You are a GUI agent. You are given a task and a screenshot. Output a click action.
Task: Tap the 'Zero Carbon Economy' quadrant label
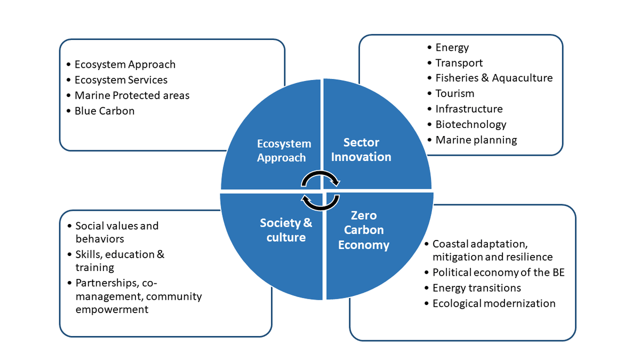pos(364,230)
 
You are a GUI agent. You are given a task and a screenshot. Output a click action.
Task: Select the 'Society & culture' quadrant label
pos(286,230)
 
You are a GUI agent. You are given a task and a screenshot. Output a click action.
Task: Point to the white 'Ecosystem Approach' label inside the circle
pos(284,151)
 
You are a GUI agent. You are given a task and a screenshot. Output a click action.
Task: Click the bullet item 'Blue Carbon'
pos(105,111)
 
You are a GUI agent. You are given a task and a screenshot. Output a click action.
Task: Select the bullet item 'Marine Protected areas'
pos(132,95)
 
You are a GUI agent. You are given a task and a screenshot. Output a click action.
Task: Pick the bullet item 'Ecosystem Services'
pos(121,80)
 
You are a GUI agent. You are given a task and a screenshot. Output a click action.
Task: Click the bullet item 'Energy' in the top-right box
pos(452,47)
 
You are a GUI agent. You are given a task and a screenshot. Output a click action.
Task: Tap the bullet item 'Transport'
pos(459,63)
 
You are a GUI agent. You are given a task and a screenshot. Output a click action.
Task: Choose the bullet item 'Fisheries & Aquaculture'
pos(494,78)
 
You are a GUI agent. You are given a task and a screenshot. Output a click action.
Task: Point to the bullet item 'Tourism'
pos(454,93)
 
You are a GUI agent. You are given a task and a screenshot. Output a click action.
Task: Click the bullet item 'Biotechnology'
pos(470,124)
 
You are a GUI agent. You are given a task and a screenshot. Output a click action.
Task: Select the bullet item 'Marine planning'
pos(476,140)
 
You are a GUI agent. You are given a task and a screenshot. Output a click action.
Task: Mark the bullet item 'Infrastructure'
pos(469,109)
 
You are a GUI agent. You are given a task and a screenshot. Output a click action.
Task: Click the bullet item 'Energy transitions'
pos(476,288)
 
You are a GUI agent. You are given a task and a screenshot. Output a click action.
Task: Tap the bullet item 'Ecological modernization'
pos(494,303)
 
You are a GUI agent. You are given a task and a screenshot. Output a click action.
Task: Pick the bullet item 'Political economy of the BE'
pos(498,273)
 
